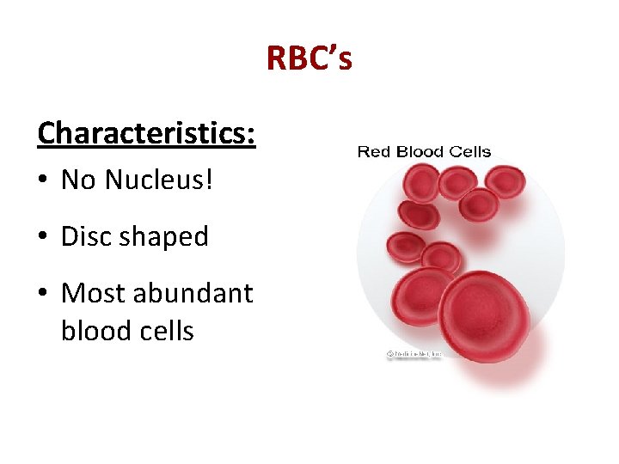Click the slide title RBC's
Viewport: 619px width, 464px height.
click(x=309, y=58)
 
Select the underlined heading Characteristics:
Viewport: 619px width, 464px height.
click(x=146, y=133)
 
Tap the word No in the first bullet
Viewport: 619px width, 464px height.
click(x=79, y=180)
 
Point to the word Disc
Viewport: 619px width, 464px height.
click(x=86, y=236)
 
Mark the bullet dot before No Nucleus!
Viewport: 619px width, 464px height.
click(x=43, y=180)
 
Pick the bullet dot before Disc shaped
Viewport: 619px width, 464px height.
click(x=43, y=237)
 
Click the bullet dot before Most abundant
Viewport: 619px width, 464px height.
click(x=43, y=294)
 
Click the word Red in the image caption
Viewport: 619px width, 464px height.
click(x=373, y=152)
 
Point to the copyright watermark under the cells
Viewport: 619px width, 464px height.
click(x=412, y=354)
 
